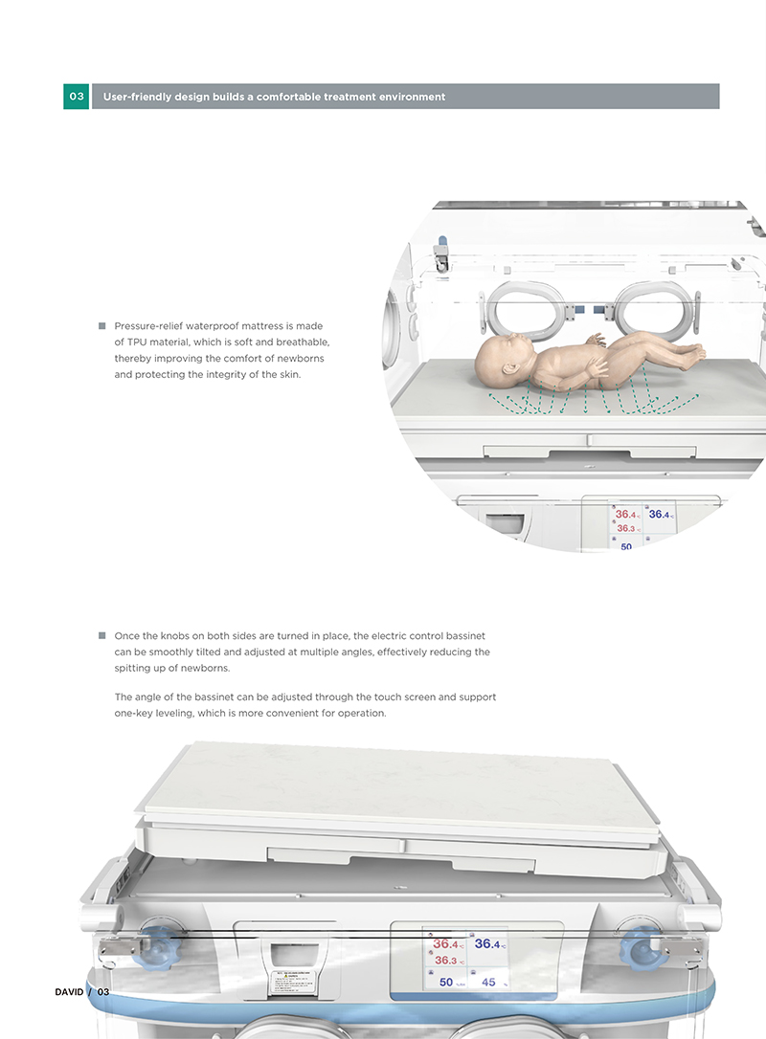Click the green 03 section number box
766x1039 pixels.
pyautogui.click(x=77, y=97)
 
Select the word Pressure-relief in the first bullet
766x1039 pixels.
pyautogui.click(x=148, y=326)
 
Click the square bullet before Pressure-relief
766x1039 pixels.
pyautogui.click(x=101, y=326)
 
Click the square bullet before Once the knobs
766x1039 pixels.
pyautogui.click(x=101, y=635)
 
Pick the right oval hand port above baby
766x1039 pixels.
pyautogui.click(x=651, y=305)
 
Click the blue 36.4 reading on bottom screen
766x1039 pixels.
pyautogui.click(x=488, y=944)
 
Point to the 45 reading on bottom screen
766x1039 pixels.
pyautogui.click(x=489, y=983)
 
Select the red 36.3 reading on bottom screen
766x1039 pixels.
pyautogui.click(x=447, y=961)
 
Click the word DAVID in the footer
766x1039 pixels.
pyautogui.click(x=69, y=991)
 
